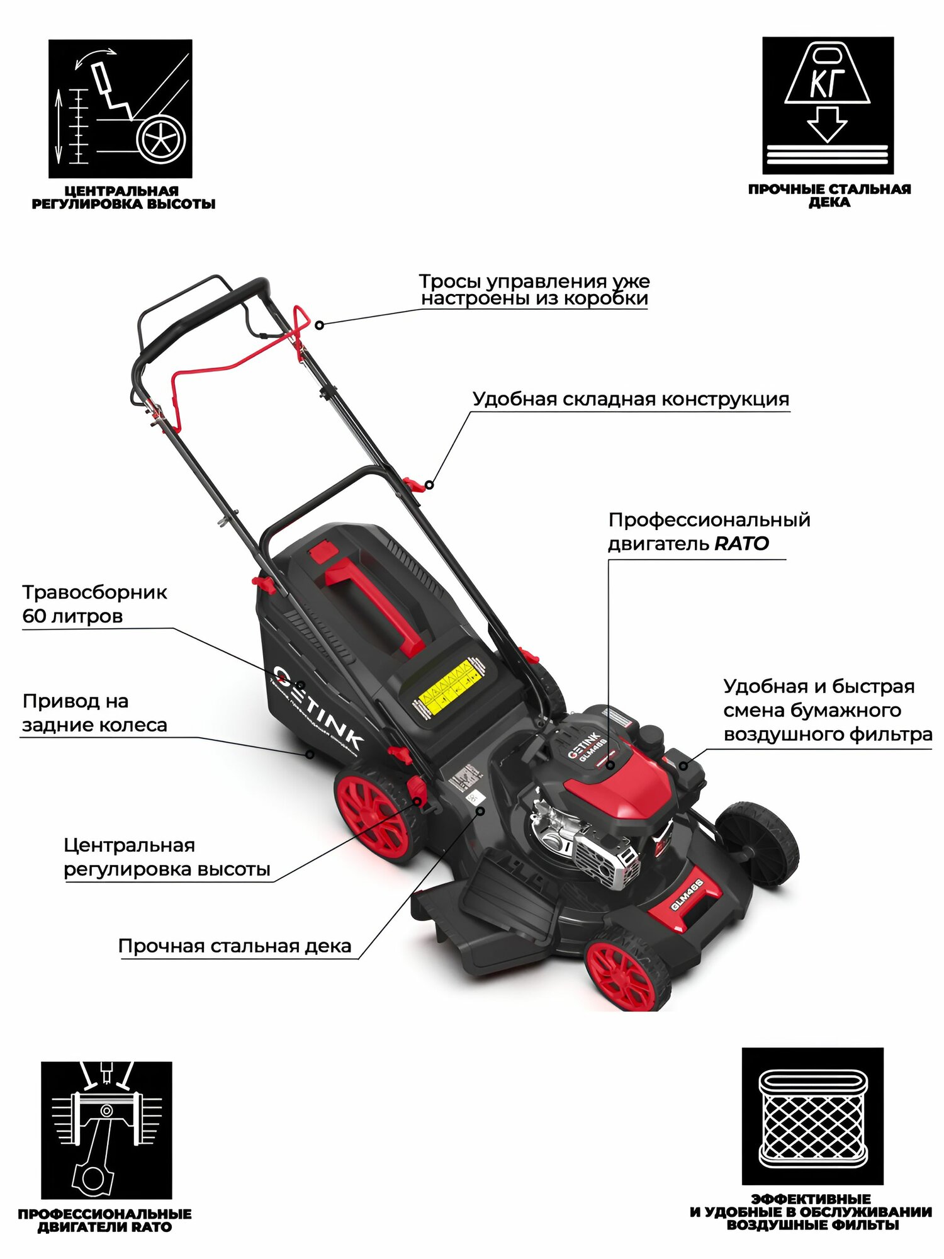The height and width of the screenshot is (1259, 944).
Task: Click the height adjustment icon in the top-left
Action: [120, 108]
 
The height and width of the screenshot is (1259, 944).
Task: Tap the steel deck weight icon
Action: [828, 105]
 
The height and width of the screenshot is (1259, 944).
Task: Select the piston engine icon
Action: [106, 1129]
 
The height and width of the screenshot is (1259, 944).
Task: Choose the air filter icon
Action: [812, 1116]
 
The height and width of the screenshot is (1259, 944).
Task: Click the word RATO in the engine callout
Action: [742, 544]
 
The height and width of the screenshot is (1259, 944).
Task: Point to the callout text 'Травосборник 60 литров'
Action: [94, 604]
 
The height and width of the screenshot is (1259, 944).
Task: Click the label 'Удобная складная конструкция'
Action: [631, 399]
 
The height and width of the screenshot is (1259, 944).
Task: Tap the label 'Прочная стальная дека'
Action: [235, 946]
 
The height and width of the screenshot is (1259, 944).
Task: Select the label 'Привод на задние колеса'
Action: [94, 713]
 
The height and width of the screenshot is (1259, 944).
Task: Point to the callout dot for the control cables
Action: [320, 325]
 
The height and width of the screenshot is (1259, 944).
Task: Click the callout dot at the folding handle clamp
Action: [429, 485]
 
